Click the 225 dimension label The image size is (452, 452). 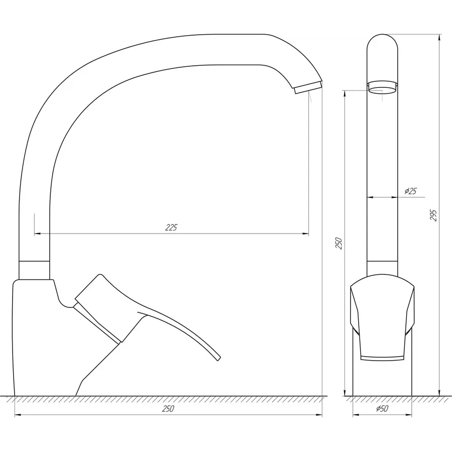(x=171, y=228)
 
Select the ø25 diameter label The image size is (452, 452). (x=410, y=191)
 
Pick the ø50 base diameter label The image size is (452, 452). (x=382, y=409)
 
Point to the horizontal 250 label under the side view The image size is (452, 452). (x=168, y=409)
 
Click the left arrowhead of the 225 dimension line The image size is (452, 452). (x=37, y=234)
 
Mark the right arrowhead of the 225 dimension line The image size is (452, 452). (x=306, y=234)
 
